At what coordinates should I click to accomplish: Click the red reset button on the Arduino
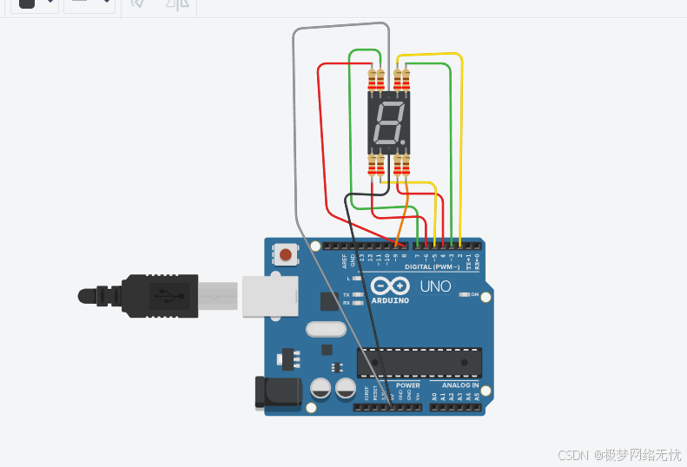click(285, 255)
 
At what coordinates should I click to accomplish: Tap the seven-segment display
click(387, 122)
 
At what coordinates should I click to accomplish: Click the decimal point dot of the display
click(401, 141)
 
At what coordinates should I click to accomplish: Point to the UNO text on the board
click(435, 286)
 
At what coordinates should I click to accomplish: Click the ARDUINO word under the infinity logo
click(390, 300)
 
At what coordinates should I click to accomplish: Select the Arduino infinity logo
click(390, 286)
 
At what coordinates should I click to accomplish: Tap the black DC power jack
click(277, 391)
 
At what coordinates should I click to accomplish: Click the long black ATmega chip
click(419, 363)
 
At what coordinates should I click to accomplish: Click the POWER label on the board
click(407, 385)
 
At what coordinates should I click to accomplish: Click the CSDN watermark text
click(573, 454)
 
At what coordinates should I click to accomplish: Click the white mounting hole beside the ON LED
click(486, 298)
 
